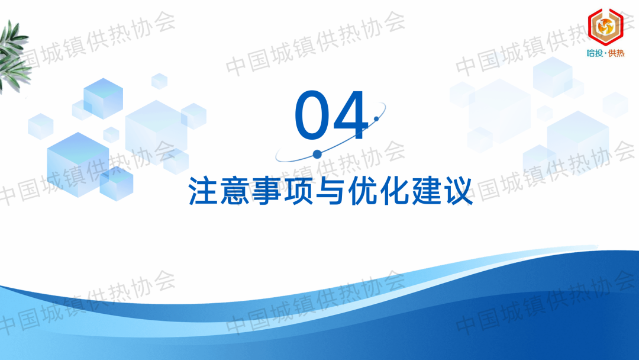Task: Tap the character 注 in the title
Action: pos(202,191)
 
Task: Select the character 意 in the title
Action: pos(235,191)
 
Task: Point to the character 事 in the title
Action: pos(266,191)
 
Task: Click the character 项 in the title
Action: pos(298,191)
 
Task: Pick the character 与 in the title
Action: pos(330,191)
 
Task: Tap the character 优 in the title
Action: pos(362,191)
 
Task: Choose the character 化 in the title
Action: pos(393,191)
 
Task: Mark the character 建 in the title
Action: pos(425,191)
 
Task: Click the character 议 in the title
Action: pos(457,191)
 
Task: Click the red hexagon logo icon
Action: pos(605,27)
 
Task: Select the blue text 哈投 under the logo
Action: pos(595,53)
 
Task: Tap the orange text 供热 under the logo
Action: pos(616,53)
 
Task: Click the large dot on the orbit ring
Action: pos(317,154)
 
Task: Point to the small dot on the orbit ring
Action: pos(376,118)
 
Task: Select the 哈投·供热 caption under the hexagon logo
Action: pos(606,53)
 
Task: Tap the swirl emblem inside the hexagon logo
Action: pos(605,27)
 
